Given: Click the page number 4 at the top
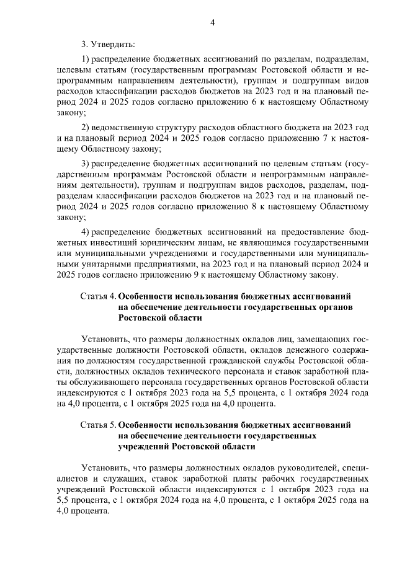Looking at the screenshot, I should [x=212, y=23].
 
